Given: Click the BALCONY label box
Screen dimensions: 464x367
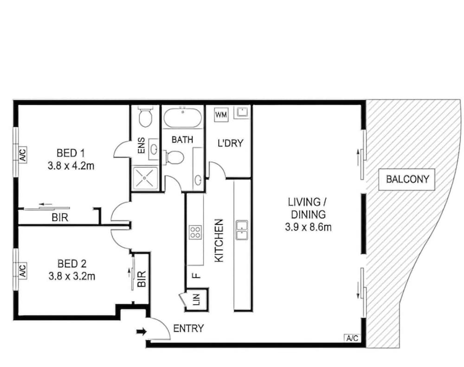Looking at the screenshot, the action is coord(407,179).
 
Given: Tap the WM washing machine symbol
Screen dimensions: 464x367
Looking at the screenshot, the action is coord(221,114).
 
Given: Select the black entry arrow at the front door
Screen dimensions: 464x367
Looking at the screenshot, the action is coord(142,331).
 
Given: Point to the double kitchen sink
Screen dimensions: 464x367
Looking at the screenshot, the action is coord(242,230).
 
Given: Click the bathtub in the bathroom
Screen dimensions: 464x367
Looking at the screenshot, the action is coord(183,117).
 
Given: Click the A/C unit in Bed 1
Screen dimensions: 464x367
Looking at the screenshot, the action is coord(23,155).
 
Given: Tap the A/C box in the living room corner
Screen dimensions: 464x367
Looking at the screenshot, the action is coord(352,338).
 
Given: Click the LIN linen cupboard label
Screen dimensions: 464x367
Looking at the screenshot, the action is coord(197,300).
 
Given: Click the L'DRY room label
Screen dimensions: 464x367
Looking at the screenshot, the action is coord(230,143).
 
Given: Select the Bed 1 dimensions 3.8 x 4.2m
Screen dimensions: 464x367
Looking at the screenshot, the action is coord(71,166).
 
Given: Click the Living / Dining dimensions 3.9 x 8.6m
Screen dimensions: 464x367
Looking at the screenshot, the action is coord(309,227).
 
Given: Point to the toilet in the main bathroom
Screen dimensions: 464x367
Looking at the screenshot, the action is coord(174,157).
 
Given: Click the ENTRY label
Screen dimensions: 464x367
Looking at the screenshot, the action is coord(188,328).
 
